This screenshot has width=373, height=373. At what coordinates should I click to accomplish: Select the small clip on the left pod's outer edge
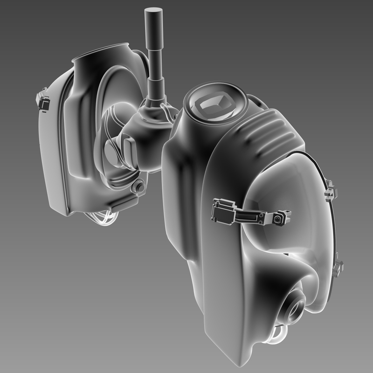(43, 101)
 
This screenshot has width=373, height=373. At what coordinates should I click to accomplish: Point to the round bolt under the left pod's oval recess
(138, 187)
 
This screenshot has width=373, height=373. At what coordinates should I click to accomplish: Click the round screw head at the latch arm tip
(278, 218)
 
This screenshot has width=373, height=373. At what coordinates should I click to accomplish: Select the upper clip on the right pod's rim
(330, 191)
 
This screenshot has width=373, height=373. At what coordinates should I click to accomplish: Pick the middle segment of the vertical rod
(154, 56)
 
